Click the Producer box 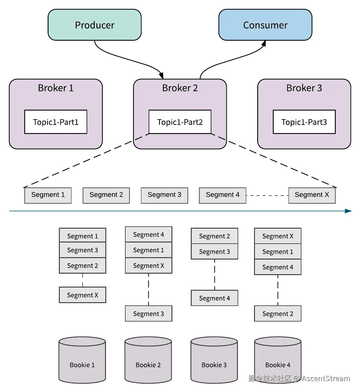coord(95,25)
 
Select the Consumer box coord(265,25)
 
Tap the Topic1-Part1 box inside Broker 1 coord(56,122)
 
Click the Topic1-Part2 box coord(180,122)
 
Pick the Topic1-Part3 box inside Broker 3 coord(304,122)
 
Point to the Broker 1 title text coord(56,88)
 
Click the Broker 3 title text coord(304,88)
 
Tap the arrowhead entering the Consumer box coord(264,43)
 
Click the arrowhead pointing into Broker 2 coord(161,75)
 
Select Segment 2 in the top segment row coord(106,195)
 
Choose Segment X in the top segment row coord(312,195)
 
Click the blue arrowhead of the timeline coord(348,211)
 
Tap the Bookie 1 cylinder coord(82,360)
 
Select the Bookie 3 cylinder coord(214,360)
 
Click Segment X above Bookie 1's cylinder coord(83,295)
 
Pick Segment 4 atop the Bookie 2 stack coord(149,234)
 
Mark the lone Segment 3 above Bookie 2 coord(149,313)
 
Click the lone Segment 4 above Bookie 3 coord(214,298)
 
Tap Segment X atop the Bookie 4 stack coord(277,236)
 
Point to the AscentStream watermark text coord(326,378)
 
